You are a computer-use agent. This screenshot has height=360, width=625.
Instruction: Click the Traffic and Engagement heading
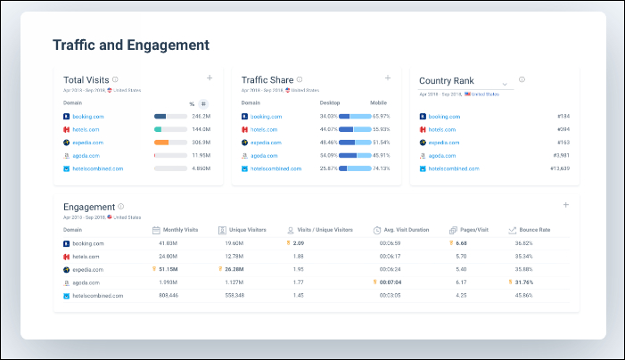click(x=131, y=45)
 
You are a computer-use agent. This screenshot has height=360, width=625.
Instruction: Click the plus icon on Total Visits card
click(x=210, y=78)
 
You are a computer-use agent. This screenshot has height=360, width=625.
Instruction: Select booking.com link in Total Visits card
click(x=86, y=116)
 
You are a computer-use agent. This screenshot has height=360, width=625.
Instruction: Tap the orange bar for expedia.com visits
click(x=161, y=142)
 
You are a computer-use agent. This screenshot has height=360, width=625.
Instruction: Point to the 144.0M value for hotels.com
click(x=200, y=129)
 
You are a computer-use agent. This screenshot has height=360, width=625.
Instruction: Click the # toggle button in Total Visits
click(x=203, y=103)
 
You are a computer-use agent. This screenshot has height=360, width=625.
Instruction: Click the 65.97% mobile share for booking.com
click(x=382, y=116)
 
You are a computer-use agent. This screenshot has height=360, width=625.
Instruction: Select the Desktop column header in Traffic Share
click(x=330, y=102)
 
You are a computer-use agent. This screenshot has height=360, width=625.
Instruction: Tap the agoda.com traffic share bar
click(x=355, y=155)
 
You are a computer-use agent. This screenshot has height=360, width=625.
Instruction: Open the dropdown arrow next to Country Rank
click(x=505, y=84)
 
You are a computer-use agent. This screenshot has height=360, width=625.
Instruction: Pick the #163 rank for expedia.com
click(x=563, y=142)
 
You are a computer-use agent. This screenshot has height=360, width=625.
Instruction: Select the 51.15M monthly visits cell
click(x=167, y=268)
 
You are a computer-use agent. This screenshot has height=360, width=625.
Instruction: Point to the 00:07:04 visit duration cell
click(x=390, y=282)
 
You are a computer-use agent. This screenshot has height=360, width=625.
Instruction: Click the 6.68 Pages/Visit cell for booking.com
click(x=461, y=242)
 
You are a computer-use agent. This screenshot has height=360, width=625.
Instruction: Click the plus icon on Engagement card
click(x=565, y=205)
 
